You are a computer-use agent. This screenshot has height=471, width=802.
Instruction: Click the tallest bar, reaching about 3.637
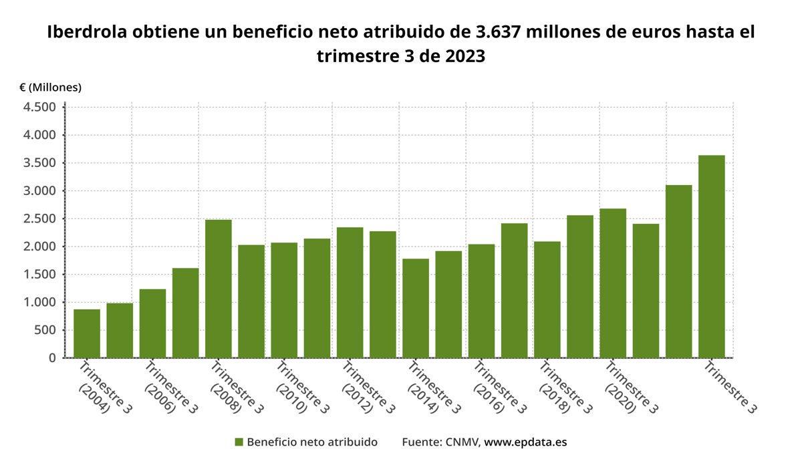pos(711,257)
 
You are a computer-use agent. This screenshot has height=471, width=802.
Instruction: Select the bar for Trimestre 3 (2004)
pos(87,333)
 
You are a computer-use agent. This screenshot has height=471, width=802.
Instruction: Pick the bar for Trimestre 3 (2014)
pos(416,308)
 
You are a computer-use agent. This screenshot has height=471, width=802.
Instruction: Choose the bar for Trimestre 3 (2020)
pos(613,283)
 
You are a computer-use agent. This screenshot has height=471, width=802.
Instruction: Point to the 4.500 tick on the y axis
pos(40,108)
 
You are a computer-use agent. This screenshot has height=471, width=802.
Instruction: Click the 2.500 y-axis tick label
pos(40,219)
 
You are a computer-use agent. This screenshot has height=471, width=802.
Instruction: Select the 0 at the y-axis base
pos(51,358)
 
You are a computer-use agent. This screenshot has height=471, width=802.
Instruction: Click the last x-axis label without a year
pos(732,387)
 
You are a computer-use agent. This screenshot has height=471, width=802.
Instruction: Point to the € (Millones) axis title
pos(50,88)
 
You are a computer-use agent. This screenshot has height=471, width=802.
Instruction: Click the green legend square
pos(239,442)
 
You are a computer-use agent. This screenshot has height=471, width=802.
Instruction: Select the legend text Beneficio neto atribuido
pos(312,442)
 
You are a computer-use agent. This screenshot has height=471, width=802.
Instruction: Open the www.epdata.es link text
pos(525,442)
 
